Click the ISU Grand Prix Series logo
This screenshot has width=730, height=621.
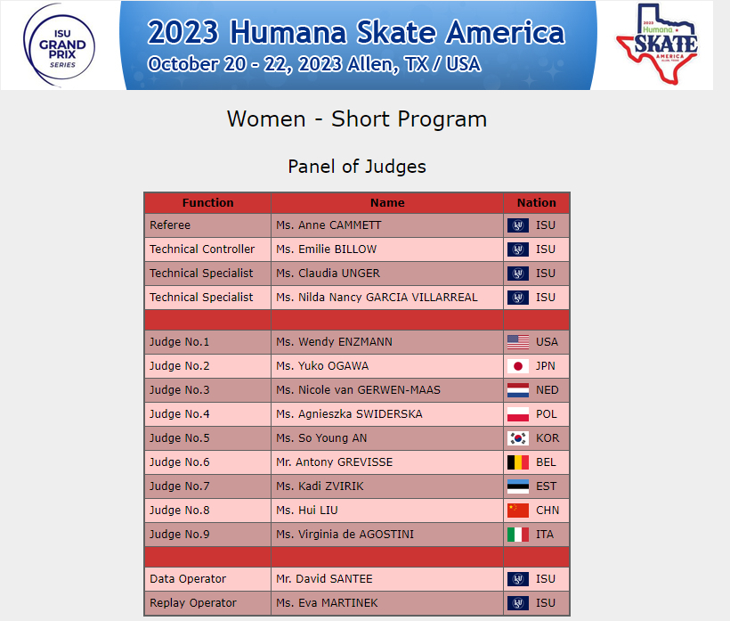coord(60,45)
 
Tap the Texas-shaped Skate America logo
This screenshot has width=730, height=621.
coord(657,45)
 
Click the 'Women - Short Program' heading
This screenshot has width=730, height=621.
coord(357,119)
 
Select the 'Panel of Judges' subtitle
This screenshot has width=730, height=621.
coord(357,167)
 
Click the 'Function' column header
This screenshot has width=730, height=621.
coord(207,202)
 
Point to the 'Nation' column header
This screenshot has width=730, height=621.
coord(536,202)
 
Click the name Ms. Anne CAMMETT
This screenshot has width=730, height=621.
coord(328,225)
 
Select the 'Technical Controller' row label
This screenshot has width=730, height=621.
coord(202,249)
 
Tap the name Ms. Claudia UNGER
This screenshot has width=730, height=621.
coord(328,274)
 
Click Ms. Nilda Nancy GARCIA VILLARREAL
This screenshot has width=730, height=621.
coord(377,298)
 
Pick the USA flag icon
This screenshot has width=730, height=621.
coord(518,342)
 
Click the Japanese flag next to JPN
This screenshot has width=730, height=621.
coord(518,366)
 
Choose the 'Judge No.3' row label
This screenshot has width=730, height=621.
coord(179,390)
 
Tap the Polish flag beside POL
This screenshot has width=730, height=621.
coord(518,414)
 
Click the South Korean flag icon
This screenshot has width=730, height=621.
coord(518,438)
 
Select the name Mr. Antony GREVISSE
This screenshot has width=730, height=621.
coord(334,462)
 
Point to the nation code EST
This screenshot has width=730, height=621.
coord(546,486)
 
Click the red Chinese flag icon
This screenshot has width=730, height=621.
coord(518,511)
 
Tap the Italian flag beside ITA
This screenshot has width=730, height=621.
coord(518,535)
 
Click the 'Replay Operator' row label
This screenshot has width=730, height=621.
coord(193,603)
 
